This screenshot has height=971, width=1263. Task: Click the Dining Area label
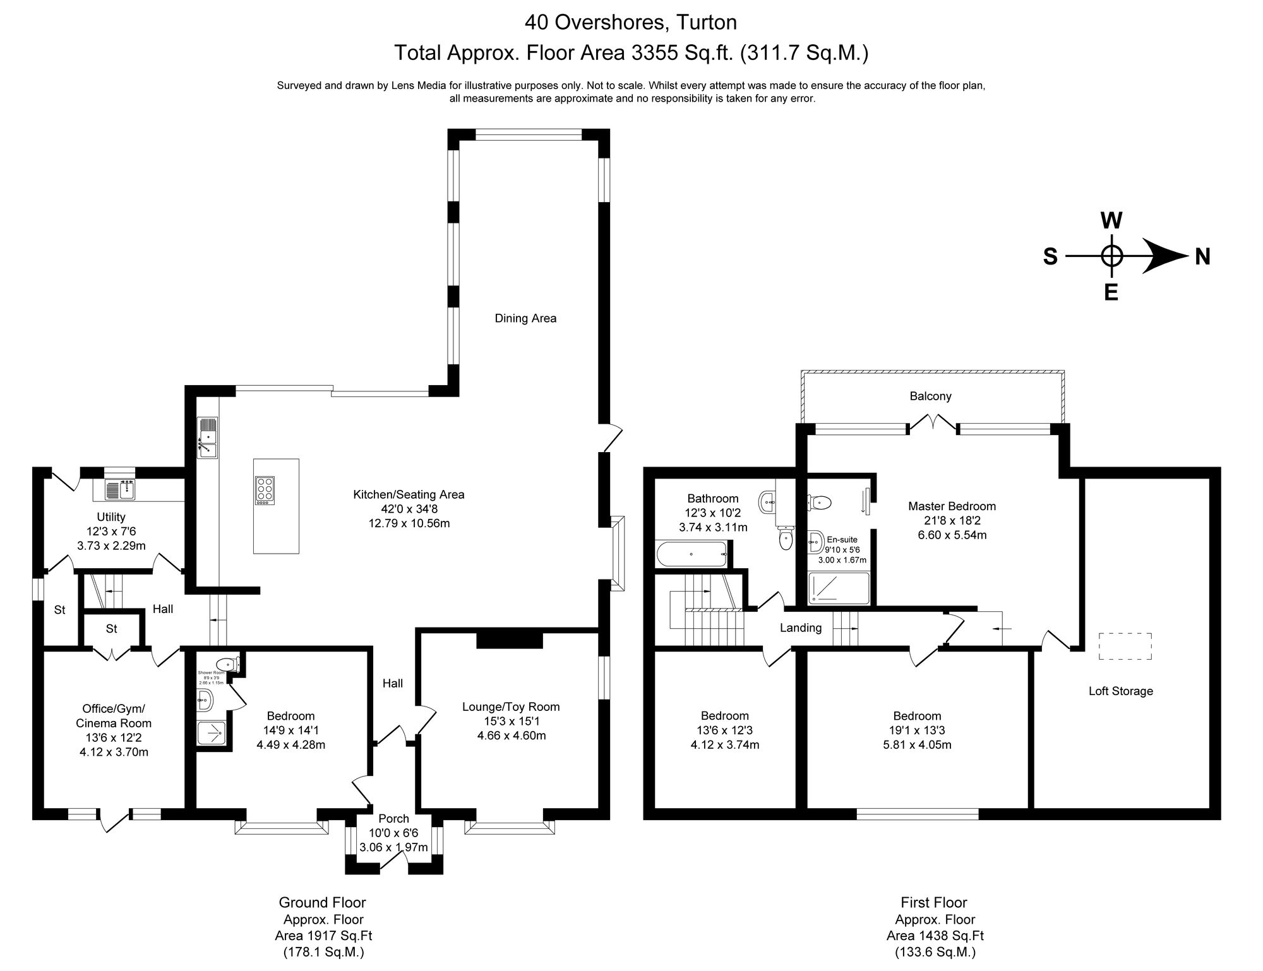[525, 318]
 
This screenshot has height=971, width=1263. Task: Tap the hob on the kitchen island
[265, 490]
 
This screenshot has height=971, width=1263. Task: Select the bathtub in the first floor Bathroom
[692, 554]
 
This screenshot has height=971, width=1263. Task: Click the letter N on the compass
[1203, 257]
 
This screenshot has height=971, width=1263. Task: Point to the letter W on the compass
[1111, 221]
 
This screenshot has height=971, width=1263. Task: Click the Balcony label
[930, 396]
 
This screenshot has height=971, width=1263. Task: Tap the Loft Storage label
[1120, 691]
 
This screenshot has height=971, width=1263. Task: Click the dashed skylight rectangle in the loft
[1125, 646]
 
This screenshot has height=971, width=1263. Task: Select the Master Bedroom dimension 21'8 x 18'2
[952, 521]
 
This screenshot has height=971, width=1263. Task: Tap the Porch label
[393, 819]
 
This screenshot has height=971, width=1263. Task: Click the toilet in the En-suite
[820, 503]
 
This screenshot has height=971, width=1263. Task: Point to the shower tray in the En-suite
[839, 587]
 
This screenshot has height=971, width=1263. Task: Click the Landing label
[800, 628]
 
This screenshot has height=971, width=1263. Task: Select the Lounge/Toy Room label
[510, 706]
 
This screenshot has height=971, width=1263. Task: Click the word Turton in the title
[706, 23]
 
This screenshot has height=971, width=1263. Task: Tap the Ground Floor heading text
[322, 902]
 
